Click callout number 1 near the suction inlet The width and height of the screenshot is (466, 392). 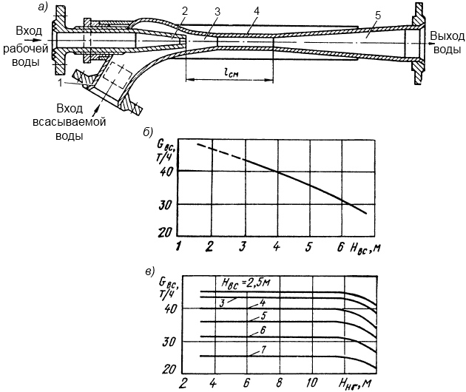(x=61, y=83)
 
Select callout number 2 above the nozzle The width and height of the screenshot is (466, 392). (x=185, y=11)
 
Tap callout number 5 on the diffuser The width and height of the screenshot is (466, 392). (x=377, y=16)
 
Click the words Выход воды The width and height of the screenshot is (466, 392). (x=447, y=42)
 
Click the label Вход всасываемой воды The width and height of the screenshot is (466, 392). (x=70, y=122)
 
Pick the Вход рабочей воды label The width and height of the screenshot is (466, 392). (x=26, y=47)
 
